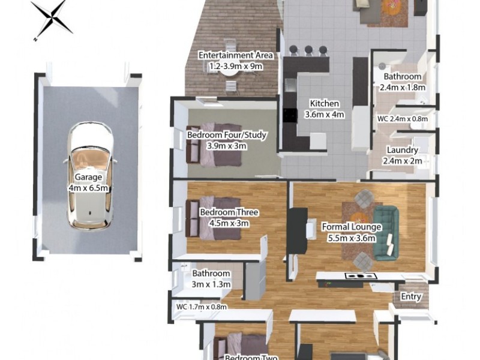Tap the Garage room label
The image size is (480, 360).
point(88,178)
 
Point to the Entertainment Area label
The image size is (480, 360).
point(236,56)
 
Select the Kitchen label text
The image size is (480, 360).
point(324,103)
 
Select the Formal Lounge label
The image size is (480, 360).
point(352,227)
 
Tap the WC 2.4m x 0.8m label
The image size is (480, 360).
point(403,119)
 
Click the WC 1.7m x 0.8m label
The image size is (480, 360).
point(202,307)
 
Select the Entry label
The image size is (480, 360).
point(412,296)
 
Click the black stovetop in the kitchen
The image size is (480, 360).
point(290,115)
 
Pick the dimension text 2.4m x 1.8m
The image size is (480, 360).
point(403,87)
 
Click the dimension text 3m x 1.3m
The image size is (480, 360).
point(211,284)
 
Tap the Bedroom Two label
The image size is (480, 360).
point(251,357)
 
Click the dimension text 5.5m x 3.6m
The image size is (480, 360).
point(352,238)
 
